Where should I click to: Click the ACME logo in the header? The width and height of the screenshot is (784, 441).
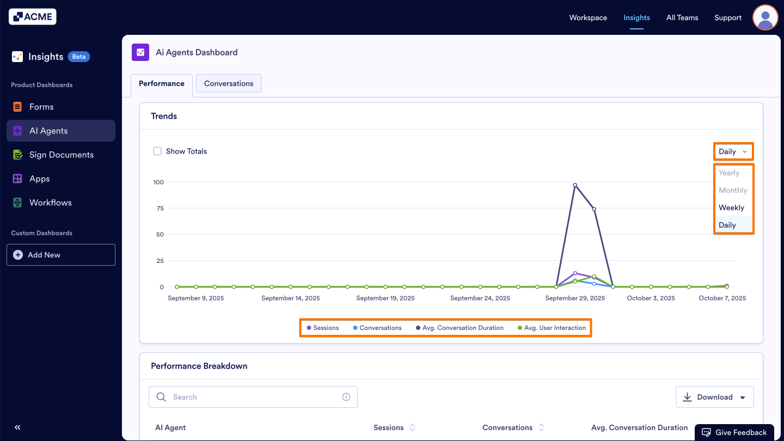pos(33,17)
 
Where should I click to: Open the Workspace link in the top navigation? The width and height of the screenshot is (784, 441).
pos(588,17)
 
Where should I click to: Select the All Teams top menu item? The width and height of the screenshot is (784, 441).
pos(682,17)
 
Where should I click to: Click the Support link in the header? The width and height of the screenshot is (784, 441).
pos(728,17)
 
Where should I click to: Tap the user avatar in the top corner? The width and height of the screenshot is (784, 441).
pos(765,17)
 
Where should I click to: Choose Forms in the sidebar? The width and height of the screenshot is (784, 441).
pos(41,107)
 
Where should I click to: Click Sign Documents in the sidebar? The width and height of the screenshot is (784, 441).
pos(61,155)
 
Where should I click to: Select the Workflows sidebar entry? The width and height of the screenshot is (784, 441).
pos(50,203)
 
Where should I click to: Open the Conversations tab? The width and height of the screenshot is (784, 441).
pos(229,83)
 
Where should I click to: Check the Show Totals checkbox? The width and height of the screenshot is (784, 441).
pos(157,151)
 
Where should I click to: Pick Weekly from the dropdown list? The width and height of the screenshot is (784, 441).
pos(731,207)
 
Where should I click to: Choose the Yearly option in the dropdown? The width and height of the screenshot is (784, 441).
pos(729,173)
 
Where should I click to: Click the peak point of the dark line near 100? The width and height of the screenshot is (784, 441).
pos(575,185)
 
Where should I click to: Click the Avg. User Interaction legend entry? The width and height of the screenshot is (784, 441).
pos(552,328)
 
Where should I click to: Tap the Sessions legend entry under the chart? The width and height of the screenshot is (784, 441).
pos(323,328)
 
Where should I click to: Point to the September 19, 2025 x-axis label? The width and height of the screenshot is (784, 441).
pos(385,298)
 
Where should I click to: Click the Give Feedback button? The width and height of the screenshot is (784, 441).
pos(734,432)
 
